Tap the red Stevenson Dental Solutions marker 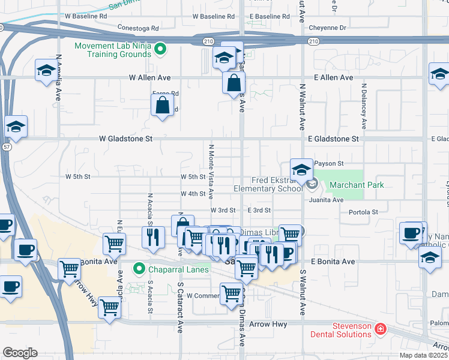[379, 329]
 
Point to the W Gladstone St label [125, 139]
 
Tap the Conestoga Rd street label [138, 28]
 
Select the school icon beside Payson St [301, 170]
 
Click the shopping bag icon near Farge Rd [162, 106]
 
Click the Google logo [20, 352]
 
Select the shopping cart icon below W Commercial [232, 294]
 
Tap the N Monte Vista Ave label [211, 171]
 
